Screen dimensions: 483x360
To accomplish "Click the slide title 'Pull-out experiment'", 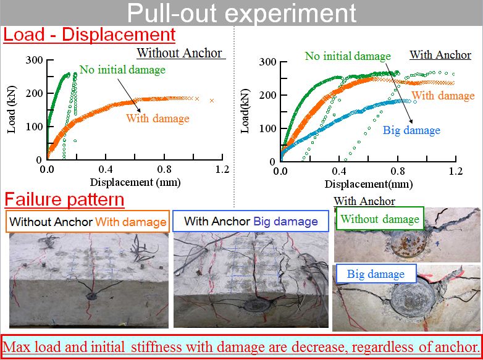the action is pos(241,13).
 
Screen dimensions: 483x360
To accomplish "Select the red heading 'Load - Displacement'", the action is pos(90,35).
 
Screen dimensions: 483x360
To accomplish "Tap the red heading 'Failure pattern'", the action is pos(64,199).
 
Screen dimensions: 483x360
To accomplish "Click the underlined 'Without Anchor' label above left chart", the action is pos(180,53).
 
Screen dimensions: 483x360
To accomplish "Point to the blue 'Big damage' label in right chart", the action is pos(411,130).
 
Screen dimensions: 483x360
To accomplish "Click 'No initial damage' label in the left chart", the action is pos(122,70).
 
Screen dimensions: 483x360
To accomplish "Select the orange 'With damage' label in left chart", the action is pos(157,119).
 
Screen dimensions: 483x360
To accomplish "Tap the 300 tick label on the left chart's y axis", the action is pos(34,60).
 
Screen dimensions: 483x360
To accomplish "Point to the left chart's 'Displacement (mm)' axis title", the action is pos(135,182).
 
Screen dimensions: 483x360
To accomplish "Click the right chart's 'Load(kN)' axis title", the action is pos(245,111).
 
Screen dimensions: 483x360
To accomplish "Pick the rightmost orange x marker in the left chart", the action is pos(212,101).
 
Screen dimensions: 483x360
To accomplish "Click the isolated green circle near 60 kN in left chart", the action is pos(75,141).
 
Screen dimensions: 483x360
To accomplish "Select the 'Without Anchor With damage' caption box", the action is pos(88,222).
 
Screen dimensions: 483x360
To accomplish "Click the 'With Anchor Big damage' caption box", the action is pos(251,221).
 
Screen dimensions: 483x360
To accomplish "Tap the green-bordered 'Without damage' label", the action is pos(380,219).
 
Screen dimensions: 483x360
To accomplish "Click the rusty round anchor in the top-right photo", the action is pos(408,244).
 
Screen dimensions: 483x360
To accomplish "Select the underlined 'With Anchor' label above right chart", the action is pos(440,55).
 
